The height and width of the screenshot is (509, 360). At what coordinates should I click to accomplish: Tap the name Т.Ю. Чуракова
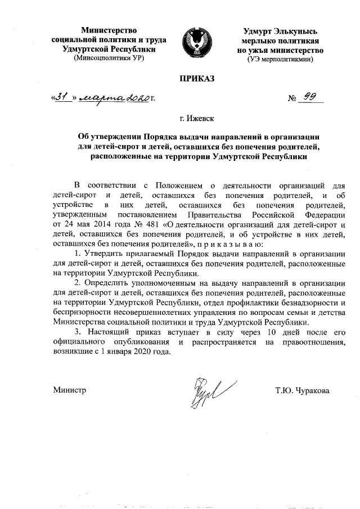[302, 390]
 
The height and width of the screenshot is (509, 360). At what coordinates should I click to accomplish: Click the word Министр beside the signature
[69, 390]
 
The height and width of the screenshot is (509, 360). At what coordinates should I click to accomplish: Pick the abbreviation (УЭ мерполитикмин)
[281, 58]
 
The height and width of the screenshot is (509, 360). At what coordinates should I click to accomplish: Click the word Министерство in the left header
[109, 30]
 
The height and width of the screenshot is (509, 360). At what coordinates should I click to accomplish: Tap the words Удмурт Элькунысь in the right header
[281, 30]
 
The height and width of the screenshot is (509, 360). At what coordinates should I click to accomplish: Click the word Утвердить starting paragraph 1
[104, 255]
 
